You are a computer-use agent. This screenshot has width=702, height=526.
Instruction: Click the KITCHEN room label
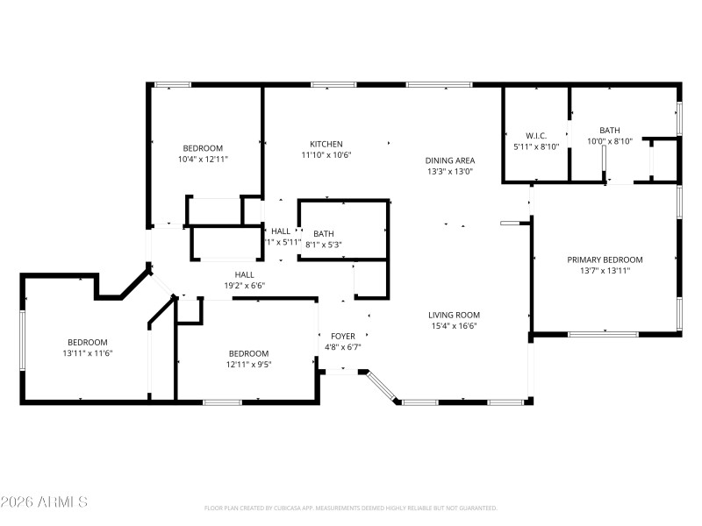(x=326, y=144)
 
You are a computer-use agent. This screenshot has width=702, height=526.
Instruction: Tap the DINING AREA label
(x=449, y=160)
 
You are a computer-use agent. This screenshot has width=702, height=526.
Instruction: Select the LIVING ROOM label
(x=454, y=315)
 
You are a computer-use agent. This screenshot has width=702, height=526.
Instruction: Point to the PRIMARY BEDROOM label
(x=605, y=259)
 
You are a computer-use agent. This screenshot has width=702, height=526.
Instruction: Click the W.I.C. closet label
(x=536, y=135)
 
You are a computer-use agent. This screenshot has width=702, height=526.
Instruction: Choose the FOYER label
(x=342, y=336)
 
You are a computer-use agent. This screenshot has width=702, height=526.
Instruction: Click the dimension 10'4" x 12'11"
(x=203, y=160)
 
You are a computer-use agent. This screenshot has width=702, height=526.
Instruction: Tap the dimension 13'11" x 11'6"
(x=88, y=353)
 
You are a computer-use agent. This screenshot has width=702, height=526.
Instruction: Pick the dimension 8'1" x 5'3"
(x=324, y=245)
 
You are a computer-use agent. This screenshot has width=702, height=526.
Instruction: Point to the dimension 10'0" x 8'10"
(x=610, y=141)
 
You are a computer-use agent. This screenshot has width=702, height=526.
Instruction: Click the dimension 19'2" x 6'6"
(x=244, y=285)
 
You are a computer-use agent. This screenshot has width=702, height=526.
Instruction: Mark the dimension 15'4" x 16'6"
(x=454, y=326)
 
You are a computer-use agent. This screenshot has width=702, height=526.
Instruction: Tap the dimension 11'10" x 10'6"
(x=326, y=155)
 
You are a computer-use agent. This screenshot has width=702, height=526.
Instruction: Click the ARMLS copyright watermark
(x=44, y=502)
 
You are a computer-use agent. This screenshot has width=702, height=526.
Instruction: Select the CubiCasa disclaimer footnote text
(x=350, y=508)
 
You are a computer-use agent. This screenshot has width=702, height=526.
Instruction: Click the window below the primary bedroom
(x=603, y=334)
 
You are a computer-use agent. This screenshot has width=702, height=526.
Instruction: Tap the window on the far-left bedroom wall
(x=22, y=338)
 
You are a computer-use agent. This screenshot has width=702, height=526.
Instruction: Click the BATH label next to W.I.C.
(x=610, y=130)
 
